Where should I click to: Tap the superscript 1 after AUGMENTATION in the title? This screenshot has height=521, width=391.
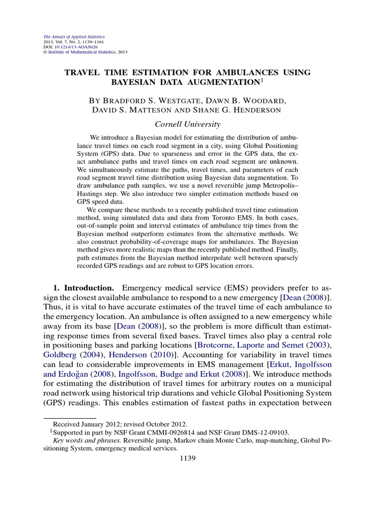pos(262,80)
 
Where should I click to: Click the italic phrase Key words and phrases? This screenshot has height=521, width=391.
pos(86,441)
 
